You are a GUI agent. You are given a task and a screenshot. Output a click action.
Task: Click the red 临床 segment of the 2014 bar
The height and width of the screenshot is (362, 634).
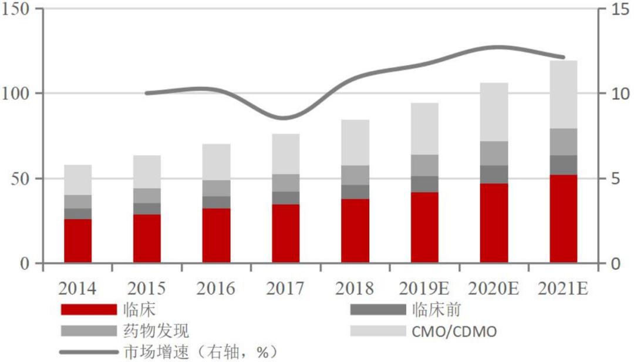78,241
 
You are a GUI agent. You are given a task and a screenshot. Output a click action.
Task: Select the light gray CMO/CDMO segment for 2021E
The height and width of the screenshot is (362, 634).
564,95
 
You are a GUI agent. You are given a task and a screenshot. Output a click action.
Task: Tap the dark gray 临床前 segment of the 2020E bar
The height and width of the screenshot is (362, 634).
494,174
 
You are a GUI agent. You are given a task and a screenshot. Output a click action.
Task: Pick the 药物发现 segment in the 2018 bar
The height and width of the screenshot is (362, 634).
355,175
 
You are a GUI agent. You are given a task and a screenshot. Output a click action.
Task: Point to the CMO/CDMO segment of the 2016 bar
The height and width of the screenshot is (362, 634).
217,162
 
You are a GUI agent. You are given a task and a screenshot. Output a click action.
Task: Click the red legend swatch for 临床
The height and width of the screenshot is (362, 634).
89,310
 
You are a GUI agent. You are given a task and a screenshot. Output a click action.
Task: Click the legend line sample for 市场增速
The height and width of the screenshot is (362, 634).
89,352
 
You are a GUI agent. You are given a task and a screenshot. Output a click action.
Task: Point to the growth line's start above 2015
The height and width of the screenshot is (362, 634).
147,93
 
